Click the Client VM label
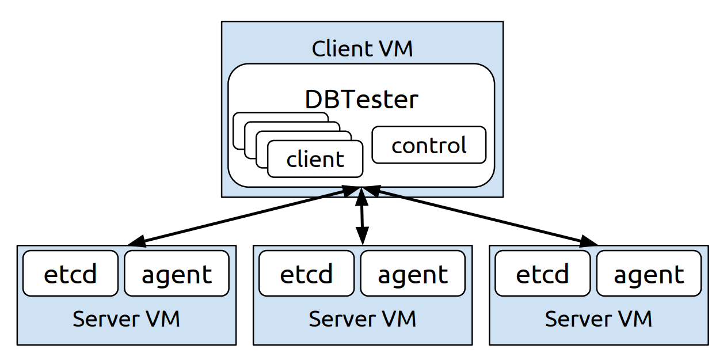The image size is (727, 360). (x=362, y=48)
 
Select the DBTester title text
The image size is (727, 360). (x=361, y=100)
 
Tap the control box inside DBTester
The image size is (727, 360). (x=429, y=145)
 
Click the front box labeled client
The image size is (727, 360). (x=315, y=159)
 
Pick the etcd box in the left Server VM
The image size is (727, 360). (x=70, y=274)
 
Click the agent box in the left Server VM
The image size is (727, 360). (x=177, y=274)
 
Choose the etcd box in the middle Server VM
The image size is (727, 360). (x=306, y=274)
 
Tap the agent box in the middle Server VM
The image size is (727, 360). (x=413, y=274)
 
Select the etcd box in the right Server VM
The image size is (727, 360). (x=542, y=274)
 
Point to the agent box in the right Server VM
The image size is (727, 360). (x=649, y=274)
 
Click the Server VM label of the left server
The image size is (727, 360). (x=126, y=318)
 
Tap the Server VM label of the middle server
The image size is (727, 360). (x=362, y=318)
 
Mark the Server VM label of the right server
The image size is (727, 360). (x=598, y=318)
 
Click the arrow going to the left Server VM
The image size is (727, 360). (x=242, y=215)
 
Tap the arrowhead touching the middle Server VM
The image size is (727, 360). (x=362, y=236)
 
